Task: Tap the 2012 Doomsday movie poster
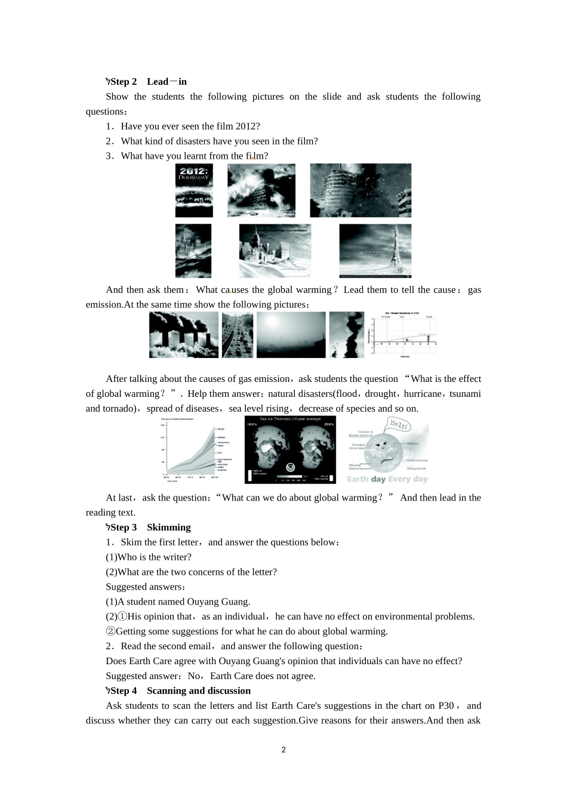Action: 193,190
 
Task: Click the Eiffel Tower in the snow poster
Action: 375,251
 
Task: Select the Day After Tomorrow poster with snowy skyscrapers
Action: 275,251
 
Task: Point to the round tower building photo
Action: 360,190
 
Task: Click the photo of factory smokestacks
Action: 183,335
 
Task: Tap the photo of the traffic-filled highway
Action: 237,335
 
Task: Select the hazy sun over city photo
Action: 291,335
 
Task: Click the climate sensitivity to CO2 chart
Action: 403,335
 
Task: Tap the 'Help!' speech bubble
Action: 399,425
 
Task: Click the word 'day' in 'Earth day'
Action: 378,479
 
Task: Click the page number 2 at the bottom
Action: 283,750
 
